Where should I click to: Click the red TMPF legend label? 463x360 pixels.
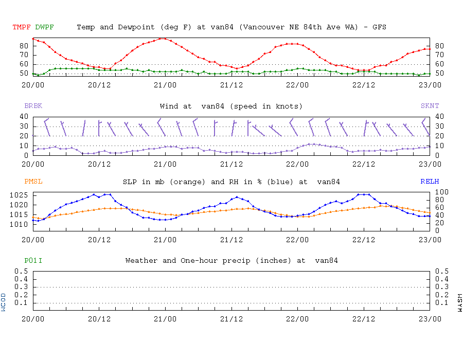coord(21,27)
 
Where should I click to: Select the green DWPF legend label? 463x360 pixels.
coord(44,27)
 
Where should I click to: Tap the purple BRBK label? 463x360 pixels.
coord(33,106)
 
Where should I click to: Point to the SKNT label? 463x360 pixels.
coord(430,106)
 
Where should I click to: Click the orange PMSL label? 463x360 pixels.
coord(33,182)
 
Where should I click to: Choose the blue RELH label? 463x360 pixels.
coord(430,182)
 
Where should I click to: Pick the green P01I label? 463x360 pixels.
coord(33,261)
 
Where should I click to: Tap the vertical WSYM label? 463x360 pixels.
coord(459,302)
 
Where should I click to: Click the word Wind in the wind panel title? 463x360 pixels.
coord(169,106)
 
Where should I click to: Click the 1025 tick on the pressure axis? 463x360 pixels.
coord(20,195)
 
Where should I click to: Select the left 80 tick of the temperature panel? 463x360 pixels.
coord(24,46)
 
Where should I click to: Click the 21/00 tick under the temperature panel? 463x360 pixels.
coord(165,85)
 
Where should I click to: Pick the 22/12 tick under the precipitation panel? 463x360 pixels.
coord(364,318)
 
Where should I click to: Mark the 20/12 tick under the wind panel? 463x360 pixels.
coord(99,164)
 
